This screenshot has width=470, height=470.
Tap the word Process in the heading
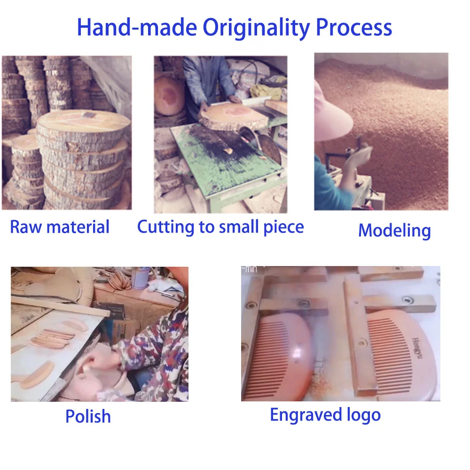(x=354, y=27)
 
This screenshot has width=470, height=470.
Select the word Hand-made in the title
(x=137, y=27)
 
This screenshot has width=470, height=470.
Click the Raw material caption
(x=60, y=227)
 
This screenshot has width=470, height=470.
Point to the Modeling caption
(x=394, y=231)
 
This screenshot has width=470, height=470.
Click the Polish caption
(x=88, y=416)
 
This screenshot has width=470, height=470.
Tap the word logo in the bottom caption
(x=364, y=415)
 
